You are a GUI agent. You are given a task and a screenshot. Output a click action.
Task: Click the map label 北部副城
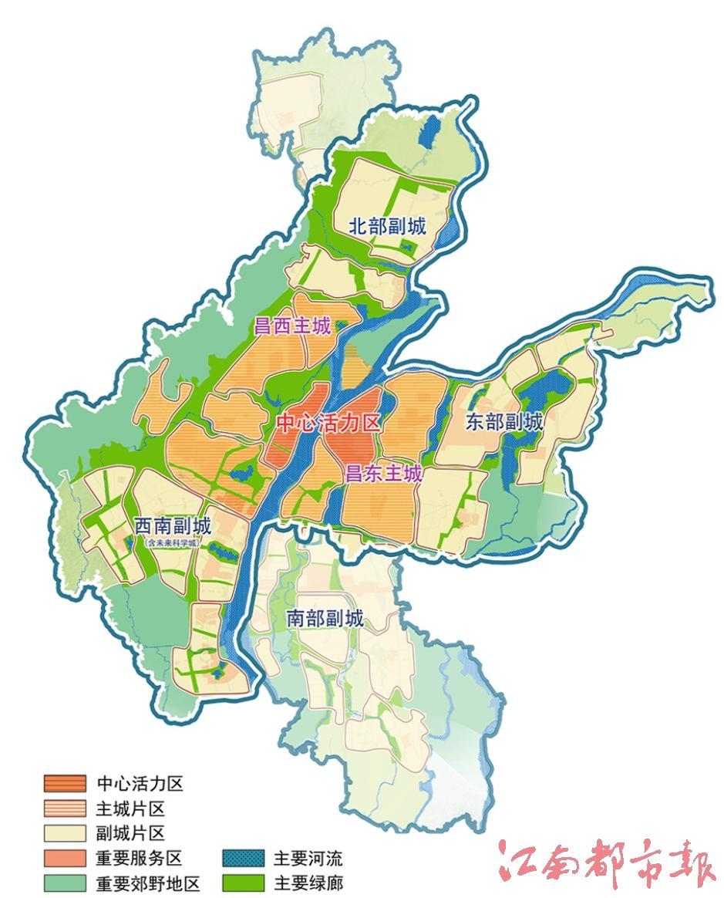[387, 227]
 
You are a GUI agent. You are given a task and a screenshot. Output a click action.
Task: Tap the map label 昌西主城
[292, 326]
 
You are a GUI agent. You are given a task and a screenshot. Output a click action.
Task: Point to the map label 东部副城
[504, 421]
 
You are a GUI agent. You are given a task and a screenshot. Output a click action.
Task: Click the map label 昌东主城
[383, 473]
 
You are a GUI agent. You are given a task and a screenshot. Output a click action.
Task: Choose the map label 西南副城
[172, 527]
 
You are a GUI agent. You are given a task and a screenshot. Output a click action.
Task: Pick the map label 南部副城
[324, 618]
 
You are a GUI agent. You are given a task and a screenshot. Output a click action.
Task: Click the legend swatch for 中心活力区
[64, 784]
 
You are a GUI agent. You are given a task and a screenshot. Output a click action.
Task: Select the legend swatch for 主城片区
[64, 809]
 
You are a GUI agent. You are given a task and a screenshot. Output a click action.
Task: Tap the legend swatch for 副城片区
[64, 833]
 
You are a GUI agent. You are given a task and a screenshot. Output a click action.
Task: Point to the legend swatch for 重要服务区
[64, 858]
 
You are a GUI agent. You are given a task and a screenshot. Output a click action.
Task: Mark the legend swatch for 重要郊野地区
[64, 883]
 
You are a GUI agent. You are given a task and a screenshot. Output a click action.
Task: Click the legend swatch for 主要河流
[243, 858]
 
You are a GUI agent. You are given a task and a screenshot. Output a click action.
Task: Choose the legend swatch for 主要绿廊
[243, 883]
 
